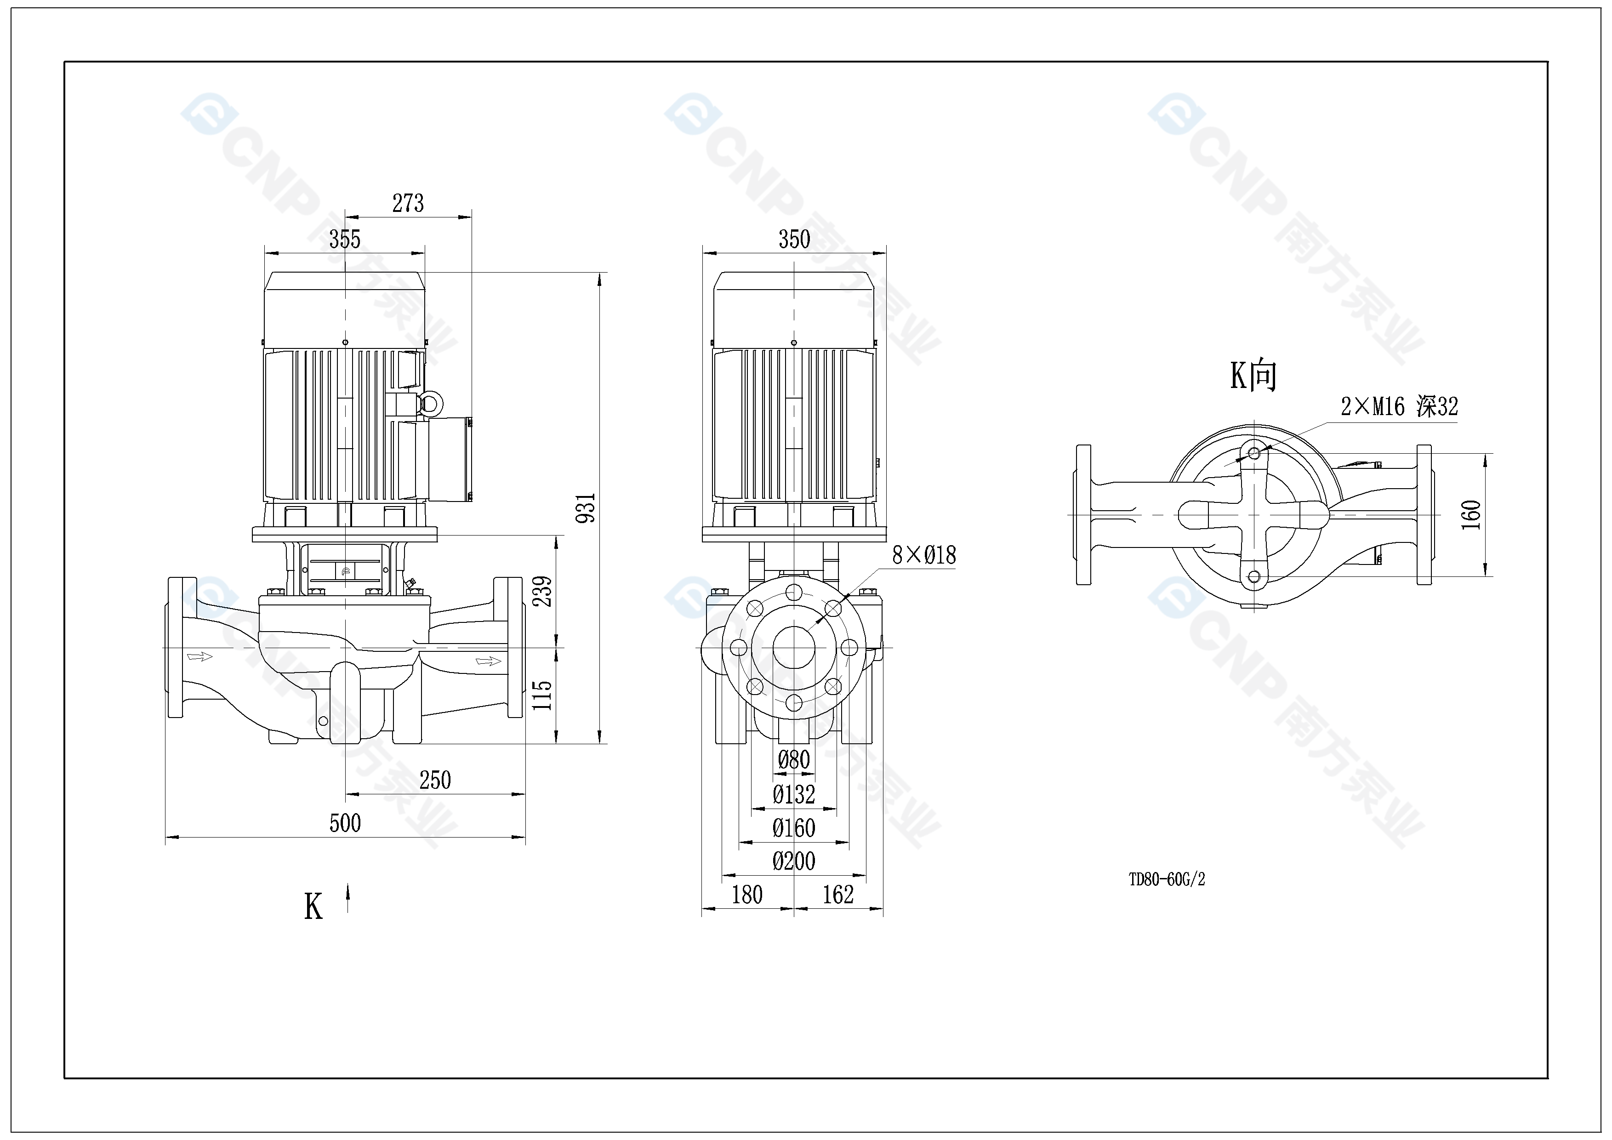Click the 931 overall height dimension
point(586,507)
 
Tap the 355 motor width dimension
point(345,239)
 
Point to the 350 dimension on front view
point(794,239)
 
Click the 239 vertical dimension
point(543,591)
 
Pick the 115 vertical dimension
point(543,695)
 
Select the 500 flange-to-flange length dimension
point(345,823)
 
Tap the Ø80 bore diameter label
point(794,759)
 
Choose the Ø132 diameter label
point(794,795)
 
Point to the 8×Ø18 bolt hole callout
point(923,556)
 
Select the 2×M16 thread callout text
point(1399,406)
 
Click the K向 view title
point(1253,376)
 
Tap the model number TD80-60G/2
point(1166,879)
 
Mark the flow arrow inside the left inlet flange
point(199,656)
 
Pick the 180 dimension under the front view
point(746,895)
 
